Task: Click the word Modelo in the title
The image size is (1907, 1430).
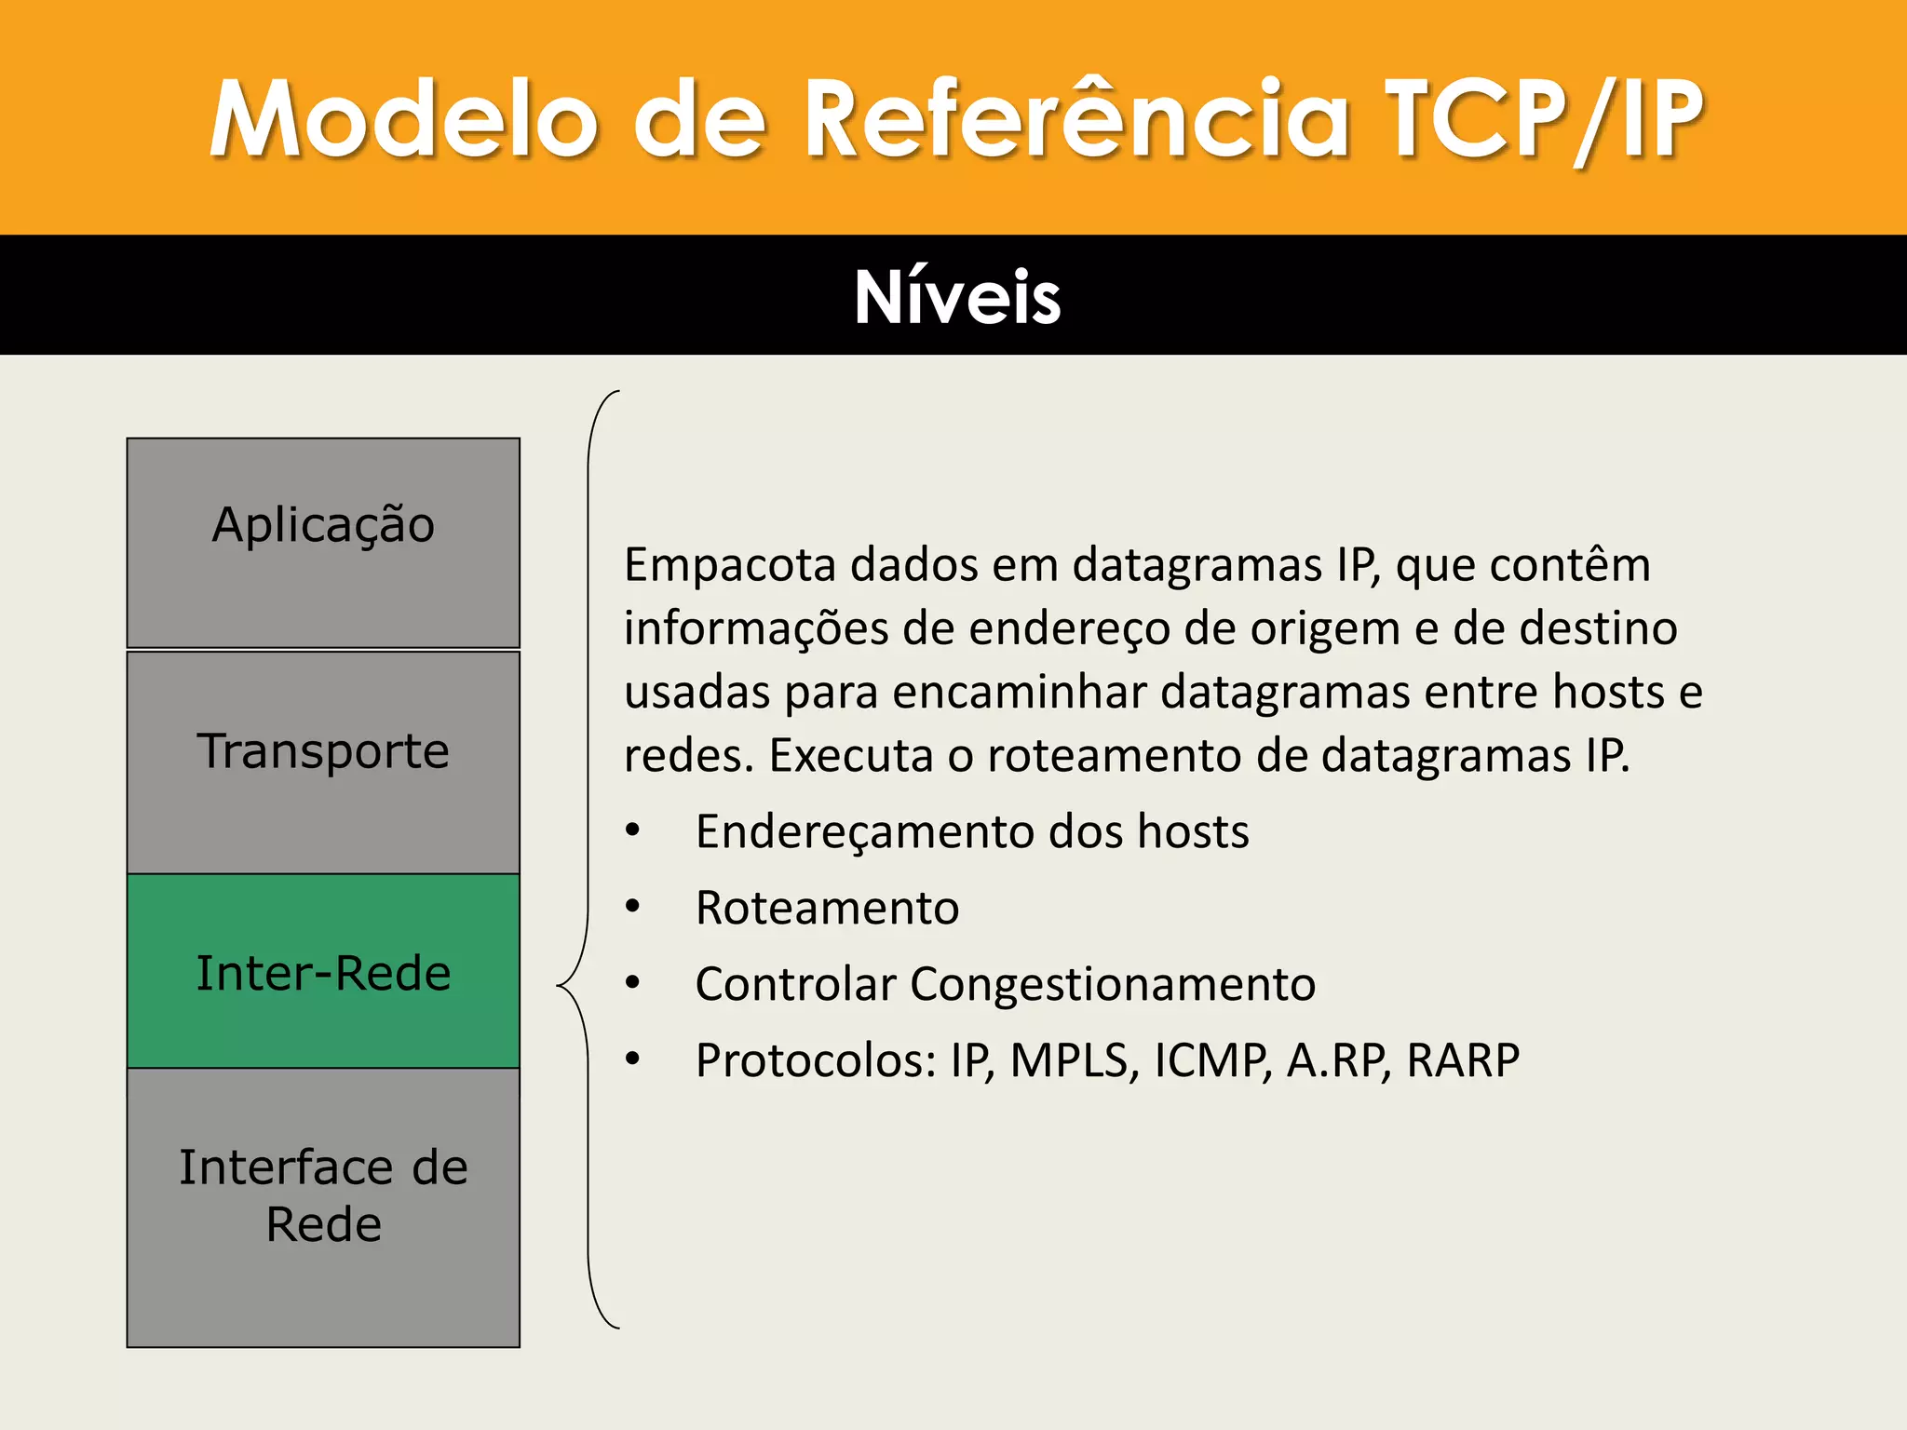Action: coord(402,119)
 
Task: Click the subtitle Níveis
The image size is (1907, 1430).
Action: coord(957,297)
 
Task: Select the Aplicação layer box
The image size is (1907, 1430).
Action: coord(323,543)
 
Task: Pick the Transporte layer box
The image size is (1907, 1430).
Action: coord(323,762)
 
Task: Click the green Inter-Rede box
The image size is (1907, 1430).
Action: coord(323,971)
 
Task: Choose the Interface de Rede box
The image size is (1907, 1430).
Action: coord(323,1207)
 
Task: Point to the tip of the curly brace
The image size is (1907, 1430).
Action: coord(560,985)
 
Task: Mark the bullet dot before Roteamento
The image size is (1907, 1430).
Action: coord(633,906)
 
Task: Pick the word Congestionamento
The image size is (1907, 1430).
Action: coord(1113,984)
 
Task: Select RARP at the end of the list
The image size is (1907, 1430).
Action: coord(1462,1060)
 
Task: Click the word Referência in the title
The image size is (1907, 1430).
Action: coord(1076,119)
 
